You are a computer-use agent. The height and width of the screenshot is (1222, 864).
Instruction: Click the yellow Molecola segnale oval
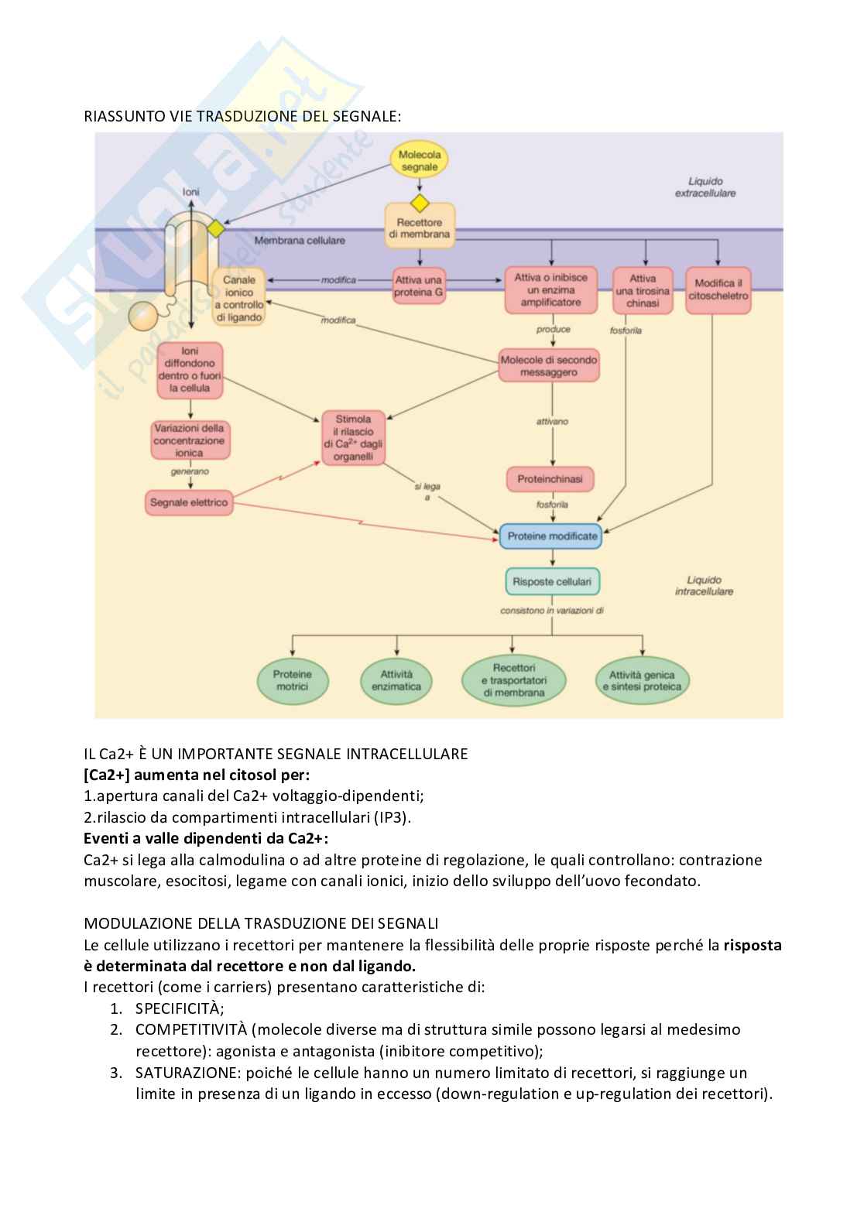click(419, 160)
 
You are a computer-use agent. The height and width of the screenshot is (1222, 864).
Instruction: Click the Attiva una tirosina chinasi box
click(643, 290)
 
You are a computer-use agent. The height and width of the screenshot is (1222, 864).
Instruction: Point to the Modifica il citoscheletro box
click(718, 290)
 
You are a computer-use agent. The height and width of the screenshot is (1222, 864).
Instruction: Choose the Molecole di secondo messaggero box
click(549, 366)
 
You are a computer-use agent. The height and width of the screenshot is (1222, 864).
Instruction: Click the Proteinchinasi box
click(550, 480)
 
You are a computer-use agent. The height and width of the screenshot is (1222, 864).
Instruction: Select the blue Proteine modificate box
click(551, 536)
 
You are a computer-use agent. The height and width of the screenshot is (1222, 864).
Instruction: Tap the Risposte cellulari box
click(552, 581)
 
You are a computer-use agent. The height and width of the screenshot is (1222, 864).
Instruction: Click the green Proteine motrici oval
click(292, 680)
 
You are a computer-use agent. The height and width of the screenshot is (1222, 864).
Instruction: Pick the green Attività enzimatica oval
click(396, 680)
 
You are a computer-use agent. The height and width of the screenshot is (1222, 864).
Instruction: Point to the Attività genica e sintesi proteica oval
click(641, 680)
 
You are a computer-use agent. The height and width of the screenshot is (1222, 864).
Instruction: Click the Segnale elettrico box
click(189, 503)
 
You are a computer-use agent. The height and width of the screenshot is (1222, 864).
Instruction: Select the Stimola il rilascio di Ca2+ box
click(353, 439)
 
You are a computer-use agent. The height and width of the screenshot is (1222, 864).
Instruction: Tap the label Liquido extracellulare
click(705, 187)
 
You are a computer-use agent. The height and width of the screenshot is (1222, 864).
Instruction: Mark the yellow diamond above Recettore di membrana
click(419, 204)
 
